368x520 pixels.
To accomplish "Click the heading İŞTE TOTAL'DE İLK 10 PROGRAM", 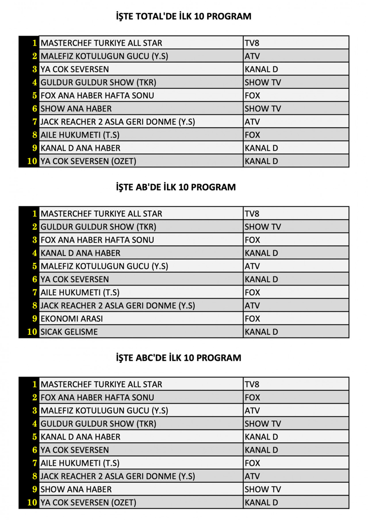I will click(x=184, y=17).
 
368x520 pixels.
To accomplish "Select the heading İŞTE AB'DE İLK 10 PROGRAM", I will click(x=184, y=187).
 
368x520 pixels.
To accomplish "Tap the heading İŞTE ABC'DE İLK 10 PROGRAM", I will click(x=184, y=358).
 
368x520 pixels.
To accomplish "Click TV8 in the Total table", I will click(x=253, y=43).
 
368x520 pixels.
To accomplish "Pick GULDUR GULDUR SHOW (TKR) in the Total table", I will click(x=98, y=83).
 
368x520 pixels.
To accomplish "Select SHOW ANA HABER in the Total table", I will click(x=76, y=109).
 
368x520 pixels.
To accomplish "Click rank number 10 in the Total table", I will click(x=32, y=161).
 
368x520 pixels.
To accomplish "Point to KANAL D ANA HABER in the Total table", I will click(x=80, y=149).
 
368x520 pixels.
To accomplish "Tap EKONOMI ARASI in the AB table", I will click(x=72, y=319).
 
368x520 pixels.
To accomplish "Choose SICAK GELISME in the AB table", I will click(x=69, y=332).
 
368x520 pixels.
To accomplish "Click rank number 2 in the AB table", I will click(x=34, y=227).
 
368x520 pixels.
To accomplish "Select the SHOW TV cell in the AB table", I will click(x=263, y=227).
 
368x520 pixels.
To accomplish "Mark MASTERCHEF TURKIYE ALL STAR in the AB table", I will click(x=101, y=214).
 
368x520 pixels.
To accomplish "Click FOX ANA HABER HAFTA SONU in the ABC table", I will click(x=97, y=398).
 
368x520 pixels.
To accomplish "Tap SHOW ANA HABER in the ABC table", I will click(x=76, y=490).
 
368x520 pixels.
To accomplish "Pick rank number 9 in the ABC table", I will click(x=34, y=490).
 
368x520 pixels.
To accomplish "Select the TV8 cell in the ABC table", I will click(x=253, y=384).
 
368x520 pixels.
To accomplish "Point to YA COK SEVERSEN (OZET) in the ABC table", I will click(x=88, y=503).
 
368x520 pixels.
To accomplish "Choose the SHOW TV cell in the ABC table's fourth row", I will click(x=263, y=424).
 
